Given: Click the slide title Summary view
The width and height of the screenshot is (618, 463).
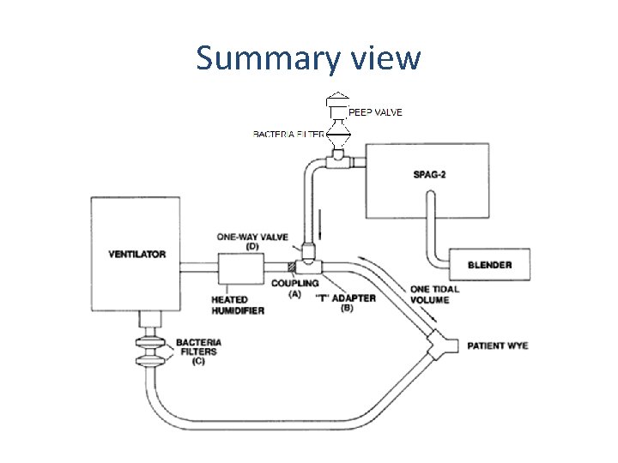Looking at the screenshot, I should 308,58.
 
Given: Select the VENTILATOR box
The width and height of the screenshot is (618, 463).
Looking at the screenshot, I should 137,254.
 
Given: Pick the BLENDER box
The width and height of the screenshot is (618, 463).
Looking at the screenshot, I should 490,264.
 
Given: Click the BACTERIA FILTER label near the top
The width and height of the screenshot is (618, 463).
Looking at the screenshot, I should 288,134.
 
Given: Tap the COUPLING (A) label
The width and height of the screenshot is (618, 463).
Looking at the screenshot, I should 294,288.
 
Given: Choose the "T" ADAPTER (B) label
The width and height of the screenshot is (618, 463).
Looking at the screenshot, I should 347,302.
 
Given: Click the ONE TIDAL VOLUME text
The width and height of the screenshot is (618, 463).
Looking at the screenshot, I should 434,294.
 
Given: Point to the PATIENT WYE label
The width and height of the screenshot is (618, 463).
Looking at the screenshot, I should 497,346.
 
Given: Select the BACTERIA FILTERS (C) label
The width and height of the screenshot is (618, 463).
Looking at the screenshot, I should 198,350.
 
